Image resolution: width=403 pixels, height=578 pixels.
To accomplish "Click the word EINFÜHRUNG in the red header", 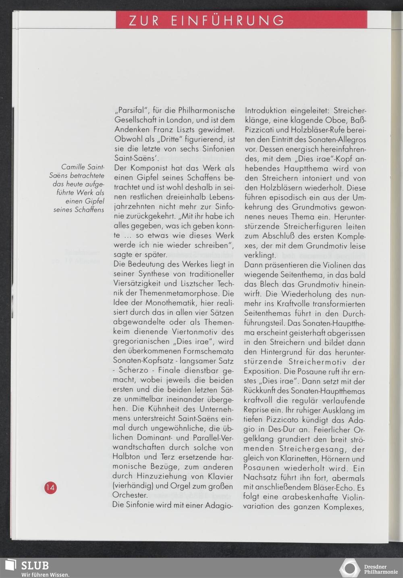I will pos(228,21).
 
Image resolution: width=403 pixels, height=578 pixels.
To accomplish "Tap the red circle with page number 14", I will pos(50,487).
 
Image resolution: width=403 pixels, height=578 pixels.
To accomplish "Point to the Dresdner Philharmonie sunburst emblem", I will pos(349,568).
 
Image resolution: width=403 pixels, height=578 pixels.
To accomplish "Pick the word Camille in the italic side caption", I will pos(73,167).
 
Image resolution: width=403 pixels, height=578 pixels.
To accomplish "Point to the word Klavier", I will pos(220,476).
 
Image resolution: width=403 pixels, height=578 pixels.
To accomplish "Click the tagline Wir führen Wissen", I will pos(45,574).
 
